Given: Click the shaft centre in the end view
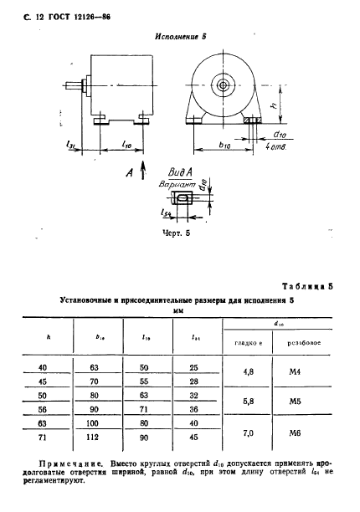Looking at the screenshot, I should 223,85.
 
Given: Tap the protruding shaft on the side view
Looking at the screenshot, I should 86,84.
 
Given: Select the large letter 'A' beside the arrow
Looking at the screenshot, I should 128,173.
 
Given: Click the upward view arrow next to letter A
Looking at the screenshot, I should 141,172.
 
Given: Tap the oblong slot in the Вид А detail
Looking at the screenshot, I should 183,197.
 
